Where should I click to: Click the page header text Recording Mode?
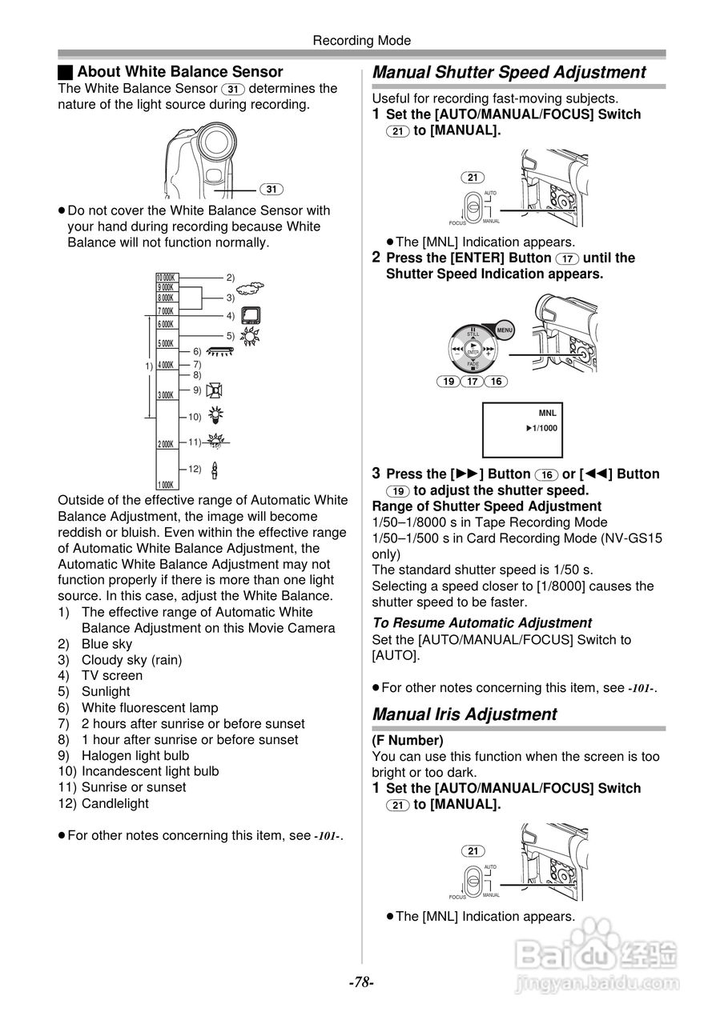pos(361,40)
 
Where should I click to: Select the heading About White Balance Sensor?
pos(179,72)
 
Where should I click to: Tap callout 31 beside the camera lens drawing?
pos(272,190)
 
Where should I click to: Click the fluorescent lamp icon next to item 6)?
pos(219,351)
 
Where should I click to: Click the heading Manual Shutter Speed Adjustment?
pos(509,72)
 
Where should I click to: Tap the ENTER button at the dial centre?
pos(473,351)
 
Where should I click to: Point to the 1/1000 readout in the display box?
pos(542,428)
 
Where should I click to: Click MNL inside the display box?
pos(547,413)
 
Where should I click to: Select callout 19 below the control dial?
pos(449,382)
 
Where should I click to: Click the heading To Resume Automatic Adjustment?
pos(482,622)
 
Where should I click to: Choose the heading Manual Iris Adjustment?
pos(465,714)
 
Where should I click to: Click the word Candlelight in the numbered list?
pos(115,803)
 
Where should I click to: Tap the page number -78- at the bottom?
pos(361,982)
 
